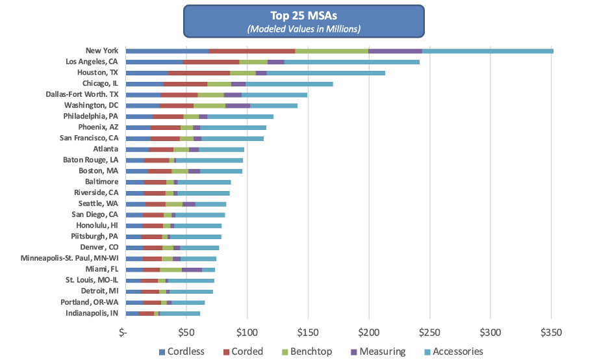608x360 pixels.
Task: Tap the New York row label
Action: click(x=101, y=50)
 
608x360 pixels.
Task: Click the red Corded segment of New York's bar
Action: click(x=252, y=51)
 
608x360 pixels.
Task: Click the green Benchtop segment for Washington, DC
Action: click(x=209, y=105)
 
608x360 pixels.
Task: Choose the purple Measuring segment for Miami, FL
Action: click(x=192, y=269)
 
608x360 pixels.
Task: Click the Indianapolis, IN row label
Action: click(x=92, y=313)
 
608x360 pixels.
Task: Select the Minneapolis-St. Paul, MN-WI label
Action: click(x=69, y=259)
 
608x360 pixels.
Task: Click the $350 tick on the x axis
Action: click(x=551, y=332)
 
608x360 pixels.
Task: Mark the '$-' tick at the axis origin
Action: click(x=123, y=332)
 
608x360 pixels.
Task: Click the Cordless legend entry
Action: click(x=182, y=352)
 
